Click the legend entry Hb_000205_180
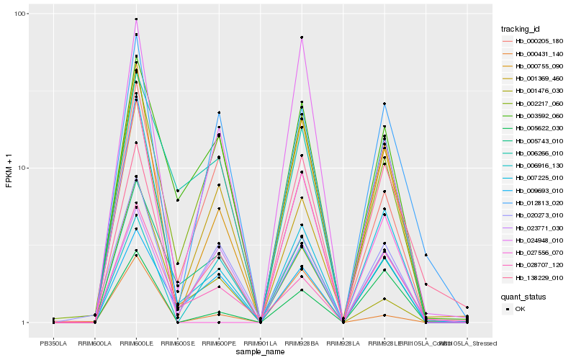[x=539, y=41]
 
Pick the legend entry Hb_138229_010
[x=539, y=277]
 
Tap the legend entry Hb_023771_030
[x=539, y=228]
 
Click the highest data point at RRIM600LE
[x=136, y=19]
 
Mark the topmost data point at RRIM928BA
[x=302, y=37]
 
